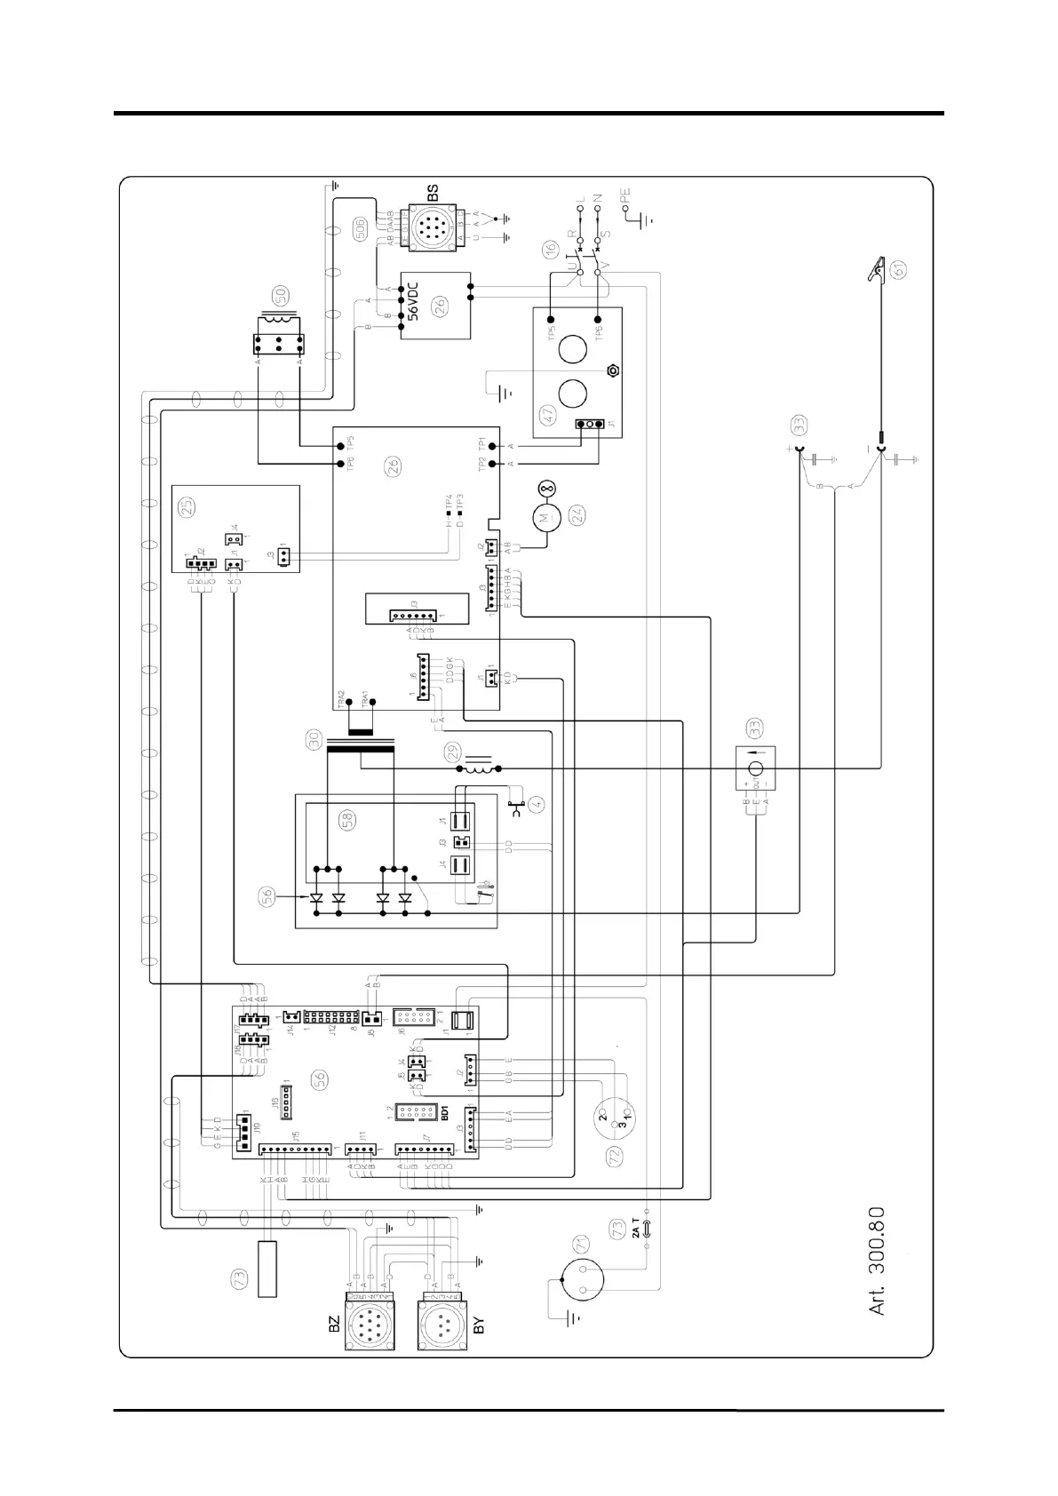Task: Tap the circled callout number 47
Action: pos(548,414)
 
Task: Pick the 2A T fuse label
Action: pos(634,1229)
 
